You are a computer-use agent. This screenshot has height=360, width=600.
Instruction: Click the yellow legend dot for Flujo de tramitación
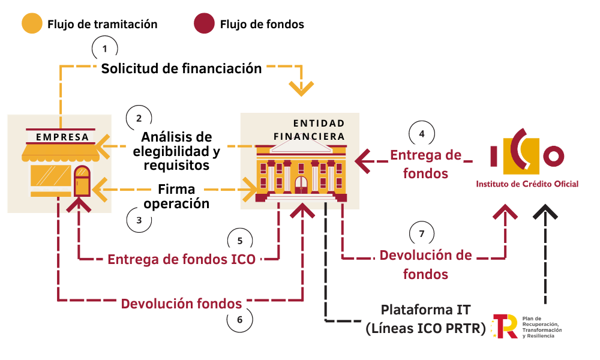coord(32,24)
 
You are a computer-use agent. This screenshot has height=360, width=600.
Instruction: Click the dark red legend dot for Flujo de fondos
coord(204,24)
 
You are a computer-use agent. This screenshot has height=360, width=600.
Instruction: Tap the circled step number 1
coord(105,48)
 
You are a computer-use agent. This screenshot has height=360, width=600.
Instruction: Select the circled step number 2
coord(139,117)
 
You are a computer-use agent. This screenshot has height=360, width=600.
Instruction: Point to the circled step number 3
coord(139,220)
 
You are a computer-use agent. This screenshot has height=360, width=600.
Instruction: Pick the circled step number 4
coord(422,134)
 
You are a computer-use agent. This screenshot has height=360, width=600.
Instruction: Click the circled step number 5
coord(240,241)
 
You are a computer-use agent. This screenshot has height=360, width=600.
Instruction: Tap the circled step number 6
coord(240,320)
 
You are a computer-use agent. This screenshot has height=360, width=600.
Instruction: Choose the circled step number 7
coord(422,233)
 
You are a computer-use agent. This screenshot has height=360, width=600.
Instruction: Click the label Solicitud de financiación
coord(181,68)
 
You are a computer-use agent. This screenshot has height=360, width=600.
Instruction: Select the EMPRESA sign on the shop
coord(62,137)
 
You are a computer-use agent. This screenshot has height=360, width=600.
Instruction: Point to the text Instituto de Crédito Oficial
coord(527,184)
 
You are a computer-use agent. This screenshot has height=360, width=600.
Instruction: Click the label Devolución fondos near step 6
coord(181,304)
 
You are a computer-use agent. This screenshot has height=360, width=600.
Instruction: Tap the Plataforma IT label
coord(426,310)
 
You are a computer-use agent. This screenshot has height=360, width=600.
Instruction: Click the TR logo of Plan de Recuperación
coord(504,326)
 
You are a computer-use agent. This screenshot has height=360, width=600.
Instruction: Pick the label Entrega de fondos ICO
coord(181,260)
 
